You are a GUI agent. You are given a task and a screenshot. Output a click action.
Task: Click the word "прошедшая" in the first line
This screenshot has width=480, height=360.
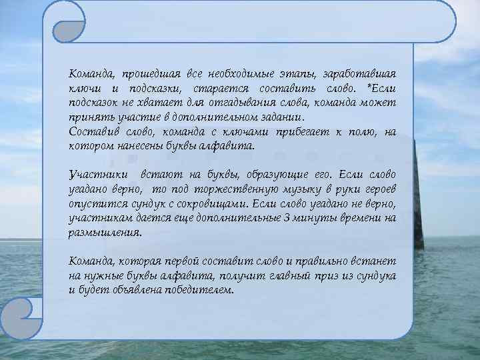tap(145, 73)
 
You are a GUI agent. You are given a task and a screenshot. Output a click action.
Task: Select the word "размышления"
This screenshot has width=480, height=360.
tap(105, 233)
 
